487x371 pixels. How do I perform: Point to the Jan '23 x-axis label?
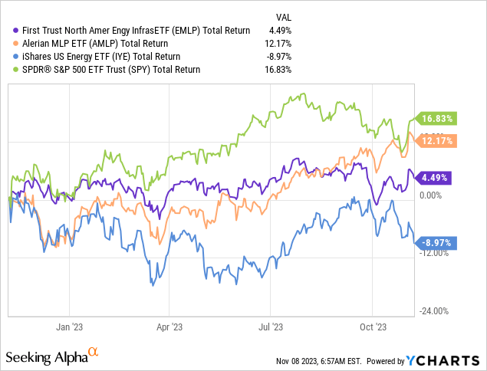pyautogui.click(x=70, y=326)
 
